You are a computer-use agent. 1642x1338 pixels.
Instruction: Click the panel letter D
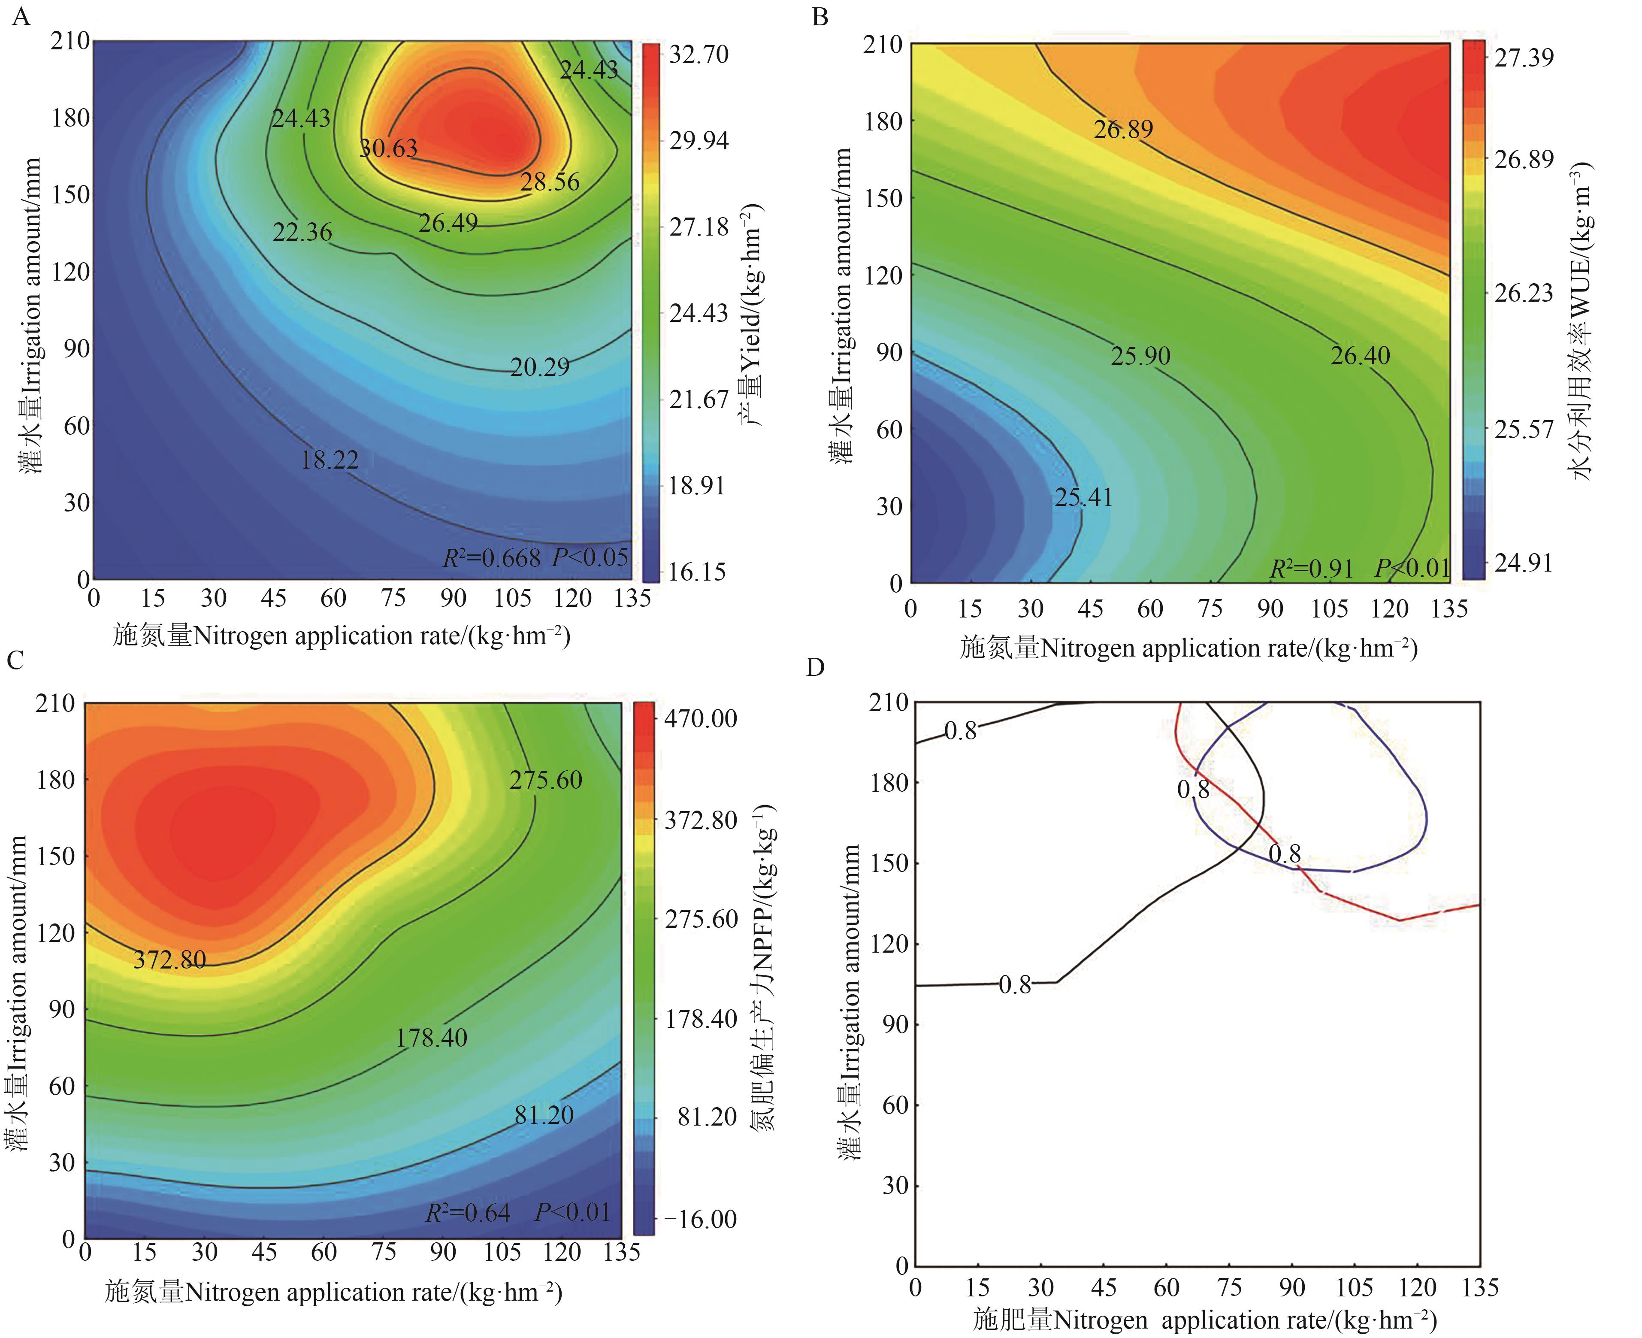click(815, 667)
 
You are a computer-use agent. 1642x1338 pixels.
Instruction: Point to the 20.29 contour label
click(540, 367)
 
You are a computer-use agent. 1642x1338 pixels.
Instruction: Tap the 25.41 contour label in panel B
click(1083, 497)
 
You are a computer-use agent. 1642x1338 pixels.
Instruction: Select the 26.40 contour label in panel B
click(1360, 355)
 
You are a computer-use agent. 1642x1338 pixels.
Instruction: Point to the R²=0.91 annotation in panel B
click(1312, 569)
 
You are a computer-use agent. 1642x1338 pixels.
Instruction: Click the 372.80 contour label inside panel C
click(169, 960)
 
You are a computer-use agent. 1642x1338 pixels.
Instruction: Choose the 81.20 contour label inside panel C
click(544, 1115)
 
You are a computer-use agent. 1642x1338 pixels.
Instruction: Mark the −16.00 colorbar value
click(700, 1219)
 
